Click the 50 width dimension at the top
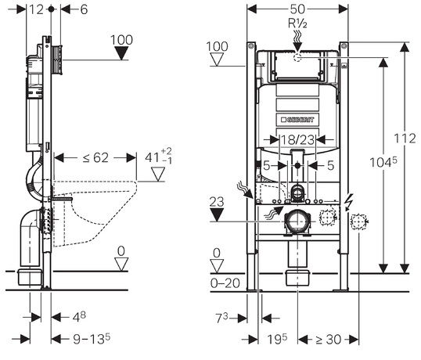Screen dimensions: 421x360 point(297,9)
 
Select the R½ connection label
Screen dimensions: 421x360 point(297,23)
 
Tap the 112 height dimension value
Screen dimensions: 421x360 point(405,139)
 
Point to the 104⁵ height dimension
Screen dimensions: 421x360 point(383,162)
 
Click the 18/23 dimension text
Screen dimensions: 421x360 point(297,139)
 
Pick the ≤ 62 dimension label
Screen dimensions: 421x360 point(95,157)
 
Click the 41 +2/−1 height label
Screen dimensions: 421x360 point(158,156)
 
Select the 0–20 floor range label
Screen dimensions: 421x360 point(225,283)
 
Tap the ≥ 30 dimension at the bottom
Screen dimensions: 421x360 point(328,340)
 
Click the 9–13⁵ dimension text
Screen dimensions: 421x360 point(92,339)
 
